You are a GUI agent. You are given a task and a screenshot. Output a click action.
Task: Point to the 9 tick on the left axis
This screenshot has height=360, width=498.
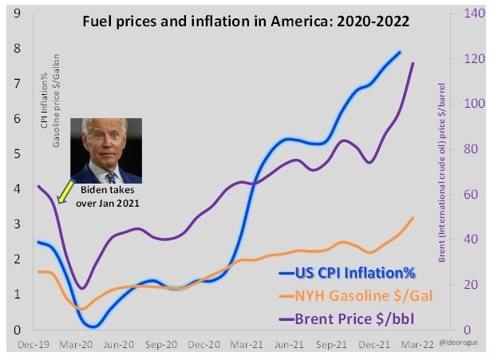(16, 13)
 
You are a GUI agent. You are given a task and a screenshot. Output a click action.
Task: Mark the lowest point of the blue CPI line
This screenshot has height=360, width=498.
(93, 326)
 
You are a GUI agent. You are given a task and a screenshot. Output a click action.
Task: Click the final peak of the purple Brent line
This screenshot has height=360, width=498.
(413, 63)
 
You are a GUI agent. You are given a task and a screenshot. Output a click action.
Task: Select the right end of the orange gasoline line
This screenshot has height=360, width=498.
(413, 217)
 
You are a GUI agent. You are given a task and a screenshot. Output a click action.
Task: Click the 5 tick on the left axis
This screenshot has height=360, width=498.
(16, 153)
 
